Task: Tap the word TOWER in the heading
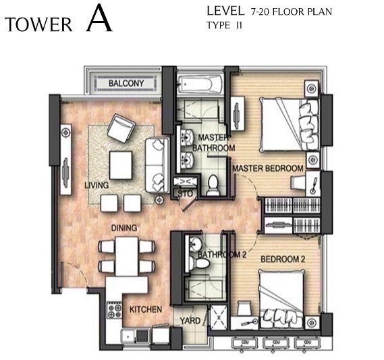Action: (38, 24)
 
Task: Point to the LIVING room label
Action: (97, 184)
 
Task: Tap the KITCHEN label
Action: (145, 309)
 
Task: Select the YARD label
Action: (190, 320)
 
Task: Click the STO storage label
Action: (184, 195)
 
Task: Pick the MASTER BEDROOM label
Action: (267, 167)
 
